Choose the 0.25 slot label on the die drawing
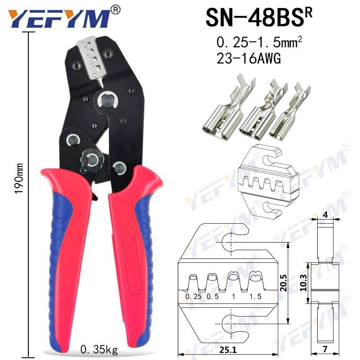point(194,297)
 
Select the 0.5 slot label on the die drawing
point(213,297)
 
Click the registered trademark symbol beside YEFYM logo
point(116,9)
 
